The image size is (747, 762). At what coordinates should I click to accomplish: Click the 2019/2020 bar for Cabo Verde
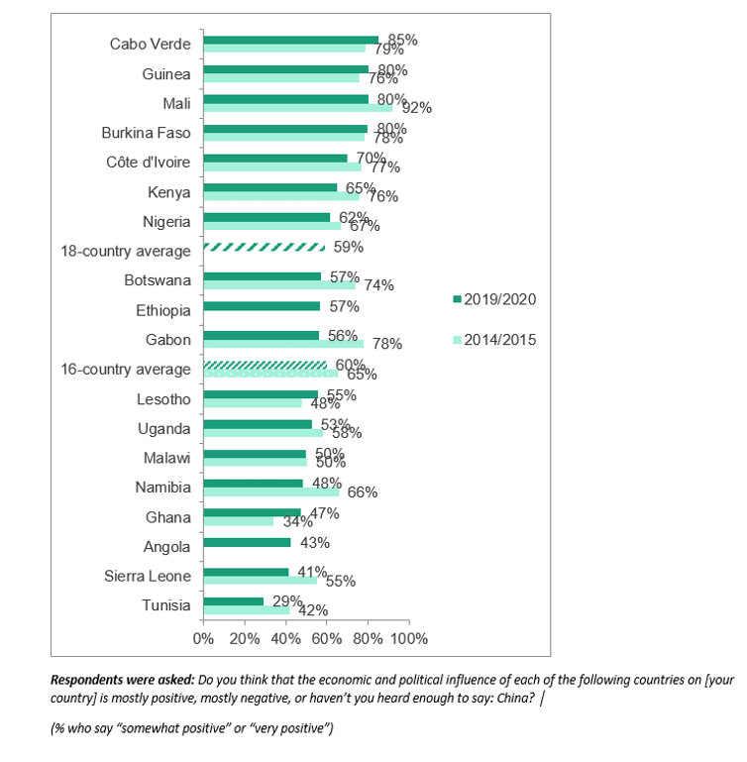coord(290,40)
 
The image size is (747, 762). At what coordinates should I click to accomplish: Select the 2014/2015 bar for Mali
coord(297,107)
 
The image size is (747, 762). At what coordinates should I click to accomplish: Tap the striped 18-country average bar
coord(264,247)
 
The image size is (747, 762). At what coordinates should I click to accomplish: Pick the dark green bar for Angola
coord(247,542)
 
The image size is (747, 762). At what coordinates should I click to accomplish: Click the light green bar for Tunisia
coord(246,610)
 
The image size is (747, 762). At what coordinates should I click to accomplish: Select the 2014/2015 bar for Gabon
coord(283,344)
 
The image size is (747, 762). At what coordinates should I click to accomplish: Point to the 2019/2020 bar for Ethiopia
coord(262,306)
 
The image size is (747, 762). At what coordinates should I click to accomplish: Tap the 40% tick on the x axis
coord(285,638)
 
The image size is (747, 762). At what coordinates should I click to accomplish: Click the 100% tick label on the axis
coord(409,638)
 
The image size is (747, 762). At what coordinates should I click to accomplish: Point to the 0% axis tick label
coord(203,638)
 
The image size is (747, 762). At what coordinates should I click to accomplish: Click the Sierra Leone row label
coord(147,576)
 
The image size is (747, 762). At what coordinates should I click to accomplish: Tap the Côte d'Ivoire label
coord(148,163)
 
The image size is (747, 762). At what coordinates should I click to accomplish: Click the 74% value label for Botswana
coord(378,285)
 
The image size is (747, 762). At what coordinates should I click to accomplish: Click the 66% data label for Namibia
coord(362,491)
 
